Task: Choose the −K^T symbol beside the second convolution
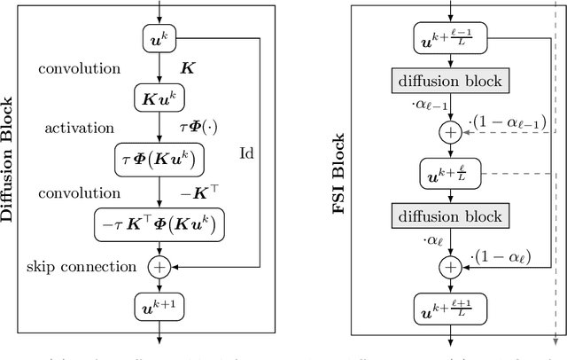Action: [193, 192]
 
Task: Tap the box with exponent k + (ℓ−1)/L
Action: [452, 37]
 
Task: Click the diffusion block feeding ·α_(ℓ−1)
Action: [452, 81]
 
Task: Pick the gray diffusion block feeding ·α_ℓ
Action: [452, 215]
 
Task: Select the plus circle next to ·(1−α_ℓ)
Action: [452, 266]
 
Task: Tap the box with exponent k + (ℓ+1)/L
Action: [452, 308]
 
